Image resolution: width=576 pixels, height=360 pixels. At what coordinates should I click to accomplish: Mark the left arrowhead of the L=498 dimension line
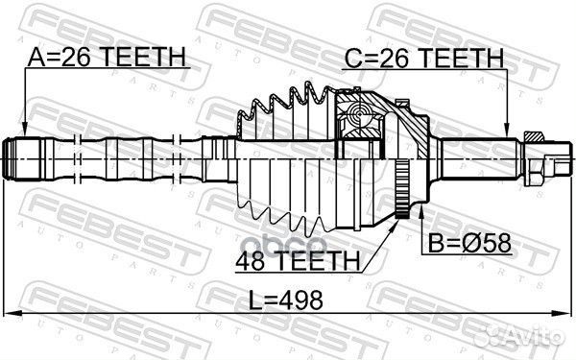[x=10, y=315]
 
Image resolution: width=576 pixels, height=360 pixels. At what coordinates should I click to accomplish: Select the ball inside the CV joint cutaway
[x=360, y=118]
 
